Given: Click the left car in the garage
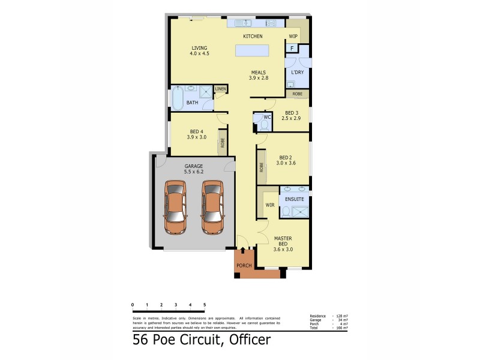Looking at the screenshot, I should pos(176,208).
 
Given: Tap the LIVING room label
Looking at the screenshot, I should pos(199,49).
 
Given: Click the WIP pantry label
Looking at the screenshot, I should pos(293,36).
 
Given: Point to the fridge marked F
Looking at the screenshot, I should pos(292,48).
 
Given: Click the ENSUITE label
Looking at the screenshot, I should pos(294,199).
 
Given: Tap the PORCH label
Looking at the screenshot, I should pos(244,265).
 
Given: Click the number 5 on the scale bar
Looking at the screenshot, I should pos(205,305).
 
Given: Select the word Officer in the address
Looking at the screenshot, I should pos(247,340).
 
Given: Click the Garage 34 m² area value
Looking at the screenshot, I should pos(344,320).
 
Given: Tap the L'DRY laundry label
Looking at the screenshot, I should pos(297,73).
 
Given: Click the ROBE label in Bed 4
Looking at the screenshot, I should pos(223,143).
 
